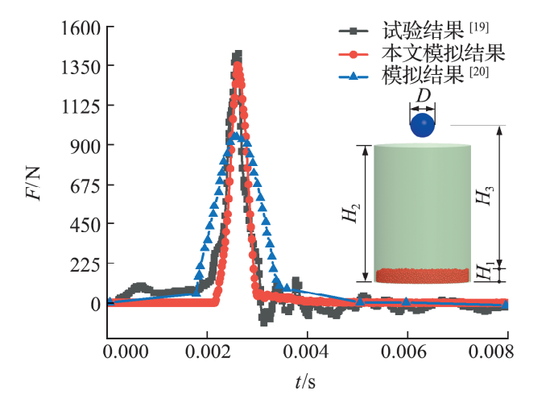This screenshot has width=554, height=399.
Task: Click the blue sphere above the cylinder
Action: point(422,126)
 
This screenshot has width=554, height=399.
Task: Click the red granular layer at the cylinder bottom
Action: point(422,276)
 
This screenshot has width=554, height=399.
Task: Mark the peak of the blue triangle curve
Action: point(234,138)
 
